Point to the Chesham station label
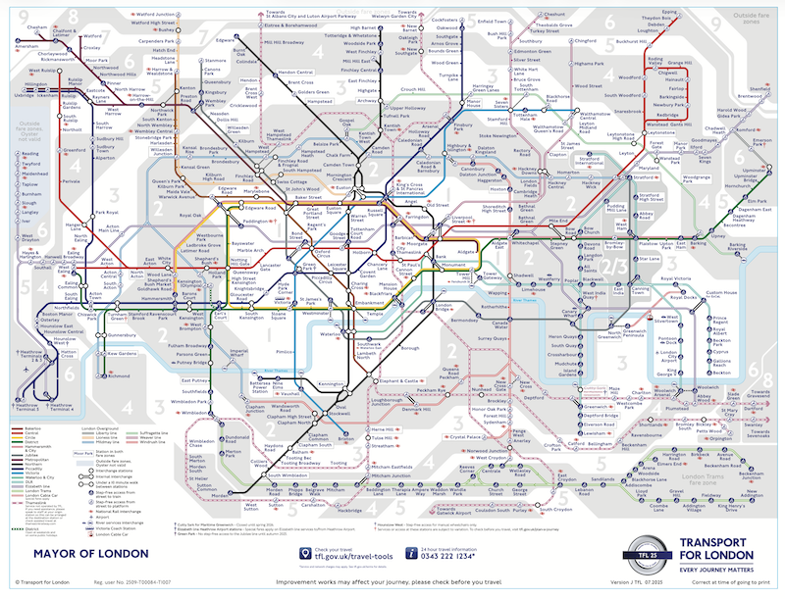pos(36,13)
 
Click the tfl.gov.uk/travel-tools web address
pos(343,556)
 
